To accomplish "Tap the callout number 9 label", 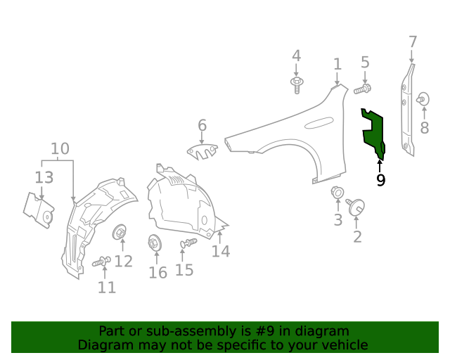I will pyautogui.click(x=380, y=180).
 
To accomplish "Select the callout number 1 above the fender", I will pyautogui.click(x=337, y=65).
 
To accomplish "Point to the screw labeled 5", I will pyautogui.click(x=362, y=89).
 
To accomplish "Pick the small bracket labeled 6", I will pyautogui.click(x=202, y=150).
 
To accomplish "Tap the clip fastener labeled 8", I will pyautogui.click(x=423, y=99).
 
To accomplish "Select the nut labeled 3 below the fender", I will pyautogui.click(x=337, y=192).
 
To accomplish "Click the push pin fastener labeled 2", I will pyautogui.click(x=355, y=206).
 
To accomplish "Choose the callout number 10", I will pyautogui.click(x=60, y=149).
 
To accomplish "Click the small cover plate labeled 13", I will pyautogui.click(x=39, y=210).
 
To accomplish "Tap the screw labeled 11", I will pyautogui.click(x=101, y=262).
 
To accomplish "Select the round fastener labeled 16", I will pyautogui.click(x=154, y=244).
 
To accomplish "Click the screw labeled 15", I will pyautogui.click(x=188, y=243).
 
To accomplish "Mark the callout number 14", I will pyautogui.click(x=221, y=251).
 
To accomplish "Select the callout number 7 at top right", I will pyautogui.click(x=413, y=42).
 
